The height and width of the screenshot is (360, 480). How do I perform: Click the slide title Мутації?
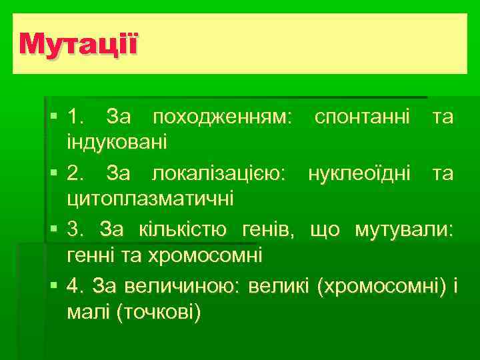pyautogui.click(x=79, y=45)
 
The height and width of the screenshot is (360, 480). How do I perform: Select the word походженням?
pyautogui.click(x=222, y=119)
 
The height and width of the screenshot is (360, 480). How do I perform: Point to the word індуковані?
pyautogui.click(x=117, y=141)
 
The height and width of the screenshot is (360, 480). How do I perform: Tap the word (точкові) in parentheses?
pyautogui.click(x=158, y=311)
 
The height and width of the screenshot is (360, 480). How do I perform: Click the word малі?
pyautogui.click(x=89, y=311)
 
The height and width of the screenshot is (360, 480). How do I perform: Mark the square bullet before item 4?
pyautogui.click(x=53, y=287)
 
